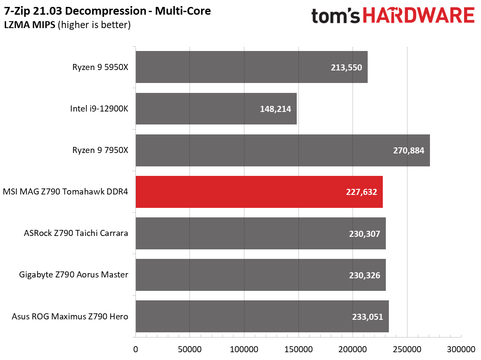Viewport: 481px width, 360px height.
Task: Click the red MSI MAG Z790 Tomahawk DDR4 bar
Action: point(259,192)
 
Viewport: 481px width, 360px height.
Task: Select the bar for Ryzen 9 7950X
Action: point(282,150)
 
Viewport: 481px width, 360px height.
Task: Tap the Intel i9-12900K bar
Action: point(216,109)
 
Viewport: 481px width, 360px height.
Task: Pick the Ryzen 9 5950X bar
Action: point(251,67)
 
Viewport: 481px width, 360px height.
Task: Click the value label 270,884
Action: point(409,151)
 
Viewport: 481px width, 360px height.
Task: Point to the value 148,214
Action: point(276,109)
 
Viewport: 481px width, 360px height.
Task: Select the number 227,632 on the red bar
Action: point(362,192)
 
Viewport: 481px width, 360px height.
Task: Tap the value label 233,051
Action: point(368,317)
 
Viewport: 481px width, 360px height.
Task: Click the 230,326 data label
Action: point(365,275)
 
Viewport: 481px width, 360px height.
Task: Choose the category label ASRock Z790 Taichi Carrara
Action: point(76,234)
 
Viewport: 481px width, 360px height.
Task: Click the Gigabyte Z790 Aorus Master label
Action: point(74,274)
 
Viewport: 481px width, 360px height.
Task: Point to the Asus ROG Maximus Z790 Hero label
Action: point(71,316)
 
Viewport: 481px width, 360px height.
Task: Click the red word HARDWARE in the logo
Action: point(419,16)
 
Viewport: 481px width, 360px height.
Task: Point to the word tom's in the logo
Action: point(335,16)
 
